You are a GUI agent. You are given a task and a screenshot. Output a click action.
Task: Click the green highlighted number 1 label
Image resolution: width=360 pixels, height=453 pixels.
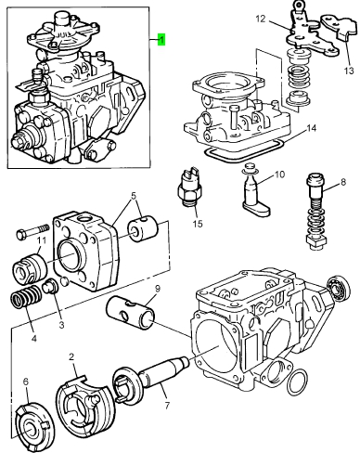[161, 40]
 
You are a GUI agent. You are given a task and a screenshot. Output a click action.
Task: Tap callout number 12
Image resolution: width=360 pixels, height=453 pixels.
[261, 19]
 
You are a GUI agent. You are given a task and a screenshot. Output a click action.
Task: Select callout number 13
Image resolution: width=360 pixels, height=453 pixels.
[349, 71]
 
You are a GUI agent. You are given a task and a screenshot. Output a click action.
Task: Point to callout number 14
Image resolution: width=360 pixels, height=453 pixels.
[312, 128]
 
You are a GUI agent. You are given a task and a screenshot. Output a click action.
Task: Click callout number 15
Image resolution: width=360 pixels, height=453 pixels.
[198, 223]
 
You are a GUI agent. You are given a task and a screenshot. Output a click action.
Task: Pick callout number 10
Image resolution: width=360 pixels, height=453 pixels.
[279, 175]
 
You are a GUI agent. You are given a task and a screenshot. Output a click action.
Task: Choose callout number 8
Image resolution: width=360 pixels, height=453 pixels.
[343, 182]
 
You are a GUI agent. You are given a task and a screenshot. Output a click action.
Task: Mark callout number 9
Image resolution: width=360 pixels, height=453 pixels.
[158, 289]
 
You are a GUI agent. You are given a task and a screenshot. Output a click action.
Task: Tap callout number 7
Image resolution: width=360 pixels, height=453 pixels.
[167, 405]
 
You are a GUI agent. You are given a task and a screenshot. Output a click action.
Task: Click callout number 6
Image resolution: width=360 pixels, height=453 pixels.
[26, 382]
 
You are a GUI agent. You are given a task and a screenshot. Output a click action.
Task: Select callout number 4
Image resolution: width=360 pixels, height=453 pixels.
[34, 338]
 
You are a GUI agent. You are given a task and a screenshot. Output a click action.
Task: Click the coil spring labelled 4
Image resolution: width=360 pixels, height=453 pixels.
[27, 296]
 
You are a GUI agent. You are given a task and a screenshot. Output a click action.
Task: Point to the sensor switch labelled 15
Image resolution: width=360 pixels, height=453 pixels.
[189, 186]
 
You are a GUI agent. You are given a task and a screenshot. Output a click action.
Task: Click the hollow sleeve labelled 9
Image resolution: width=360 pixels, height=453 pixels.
[130, 313]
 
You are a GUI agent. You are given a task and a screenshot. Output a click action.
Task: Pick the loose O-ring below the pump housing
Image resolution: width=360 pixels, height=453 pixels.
[297, 382]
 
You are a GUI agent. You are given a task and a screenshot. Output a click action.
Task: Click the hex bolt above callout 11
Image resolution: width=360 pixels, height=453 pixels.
[33, 231]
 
